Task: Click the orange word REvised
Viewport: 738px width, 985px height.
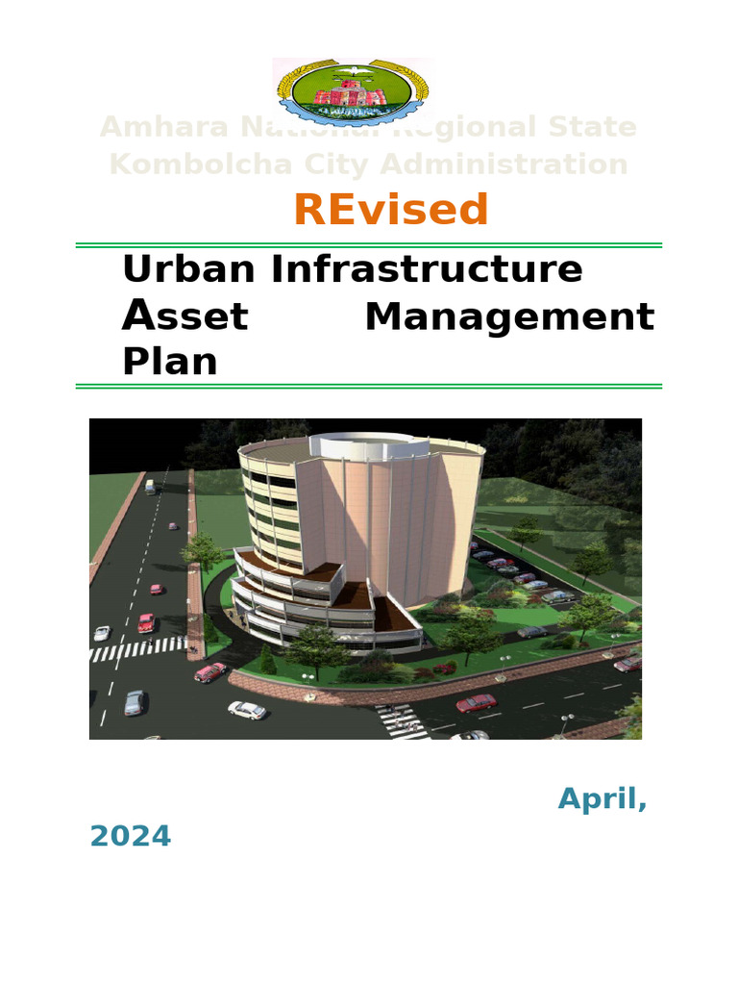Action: pyautogui.click(x=391, y=210)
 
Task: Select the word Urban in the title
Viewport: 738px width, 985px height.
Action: pyautogui.click(x=188, y=269)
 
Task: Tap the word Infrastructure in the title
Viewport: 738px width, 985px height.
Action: pyautogui.click(x=427, y=269)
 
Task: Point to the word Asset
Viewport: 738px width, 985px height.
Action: pyautogui.click(x=185, y=316)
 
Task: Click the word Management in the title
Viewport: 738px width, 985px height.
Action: pyautogui.click(x=509, y=316)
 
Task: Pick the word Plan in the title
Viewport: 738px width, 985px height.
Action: pyautogui.click(x=169, y=362)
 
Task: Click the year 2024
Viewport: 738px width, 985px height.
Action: pyautogui.click(x=130, y=836)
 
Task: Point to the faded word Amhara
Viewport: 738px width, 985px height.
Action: pyautogui.click(x=161, y=127)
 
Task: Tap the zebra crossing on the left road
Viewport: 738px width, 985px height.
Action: pyautogui.click(x=137, y=649)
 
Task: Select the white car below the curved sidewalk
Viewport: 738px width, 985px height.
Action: pyautogui.click(x=247, y=710)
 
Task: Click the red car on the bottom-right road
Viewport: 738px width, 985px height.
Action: pyautogui.click(x=476, y=703)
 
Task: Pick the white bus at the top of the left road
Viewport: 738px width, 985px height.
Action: pyautogui.click(x=150, y=487)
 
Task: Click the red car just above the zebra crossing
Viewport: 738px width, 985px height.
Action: pyautogui.click(x=146, y=622)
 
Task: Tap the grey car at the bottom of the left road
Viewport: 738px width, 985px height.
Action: pyautogui.click(x=135, y=702)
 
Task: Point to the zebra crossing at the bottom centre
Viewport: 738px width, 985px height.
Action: pyautogui.click(x=402, y=721)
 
